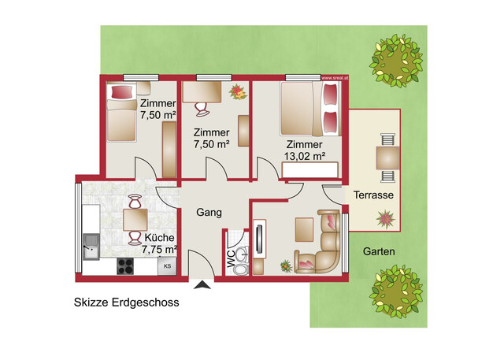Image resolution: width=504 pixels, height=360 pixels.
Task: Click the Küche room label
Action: coord(159,238)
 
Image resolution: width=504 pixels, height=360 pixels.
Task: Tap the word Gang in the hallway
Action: coord(209,213)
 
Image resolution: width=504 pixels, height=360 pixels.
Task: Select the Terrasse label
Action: coord(373,195)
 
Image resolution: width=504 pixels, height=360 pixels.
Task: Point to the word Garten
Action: coord(379,251)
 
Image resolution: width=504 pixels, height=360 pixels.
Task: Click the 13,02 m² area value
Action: coord(305,156)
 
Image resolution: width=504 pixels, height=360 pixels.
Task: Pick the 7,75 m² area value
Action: coord(160,250)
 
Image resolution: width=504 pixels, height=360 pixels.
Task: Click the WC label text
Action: coord(232,259)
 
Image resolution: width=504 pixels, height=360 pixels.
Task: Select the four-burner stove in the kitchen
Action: coord(125,266)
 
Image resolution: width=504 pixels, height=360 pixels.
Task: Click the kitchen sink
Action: coord(91,247)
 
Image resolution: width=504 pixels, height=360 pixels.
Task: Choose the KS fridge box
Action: coord(167,266)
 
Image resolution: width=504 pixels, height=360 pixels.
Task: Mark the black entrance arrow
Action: coord(202,285)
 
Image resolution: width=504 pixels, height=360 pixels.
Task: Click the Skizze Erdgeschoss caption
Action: coord(127,302)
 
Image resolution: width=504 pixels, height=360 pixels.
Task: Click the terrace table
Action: coord(387,158)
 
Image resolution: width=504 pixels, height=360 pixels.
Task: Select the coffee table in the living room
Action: coord(305,229)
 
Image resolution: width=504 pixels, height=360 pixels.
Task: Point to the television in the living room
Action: coord(259,239)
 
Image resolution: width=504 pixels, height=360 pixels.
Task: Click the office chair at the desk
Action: coord(202,109)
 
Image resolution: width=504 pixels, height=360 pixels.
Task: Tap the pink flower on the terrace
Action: coord(386,219)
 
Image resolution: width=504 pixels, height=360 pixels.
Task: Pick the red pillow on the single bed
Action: coord(122,92)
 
